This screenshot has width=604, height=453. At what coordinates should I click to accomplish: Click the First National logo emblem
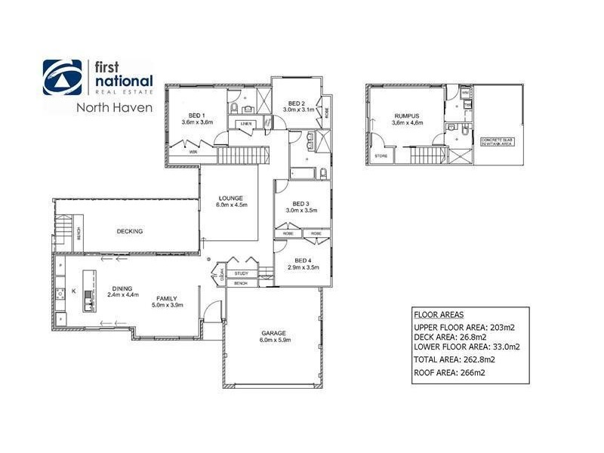[x=63, y=78]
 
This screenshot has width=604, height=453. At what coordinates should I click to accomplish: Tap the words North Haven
[x=114, y=107]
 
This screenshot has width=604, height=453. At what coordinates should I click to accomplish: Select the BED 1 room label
[x=197, y=114]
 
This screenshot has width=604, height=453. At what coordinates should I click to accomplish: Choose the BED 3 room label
[x=300, y=203]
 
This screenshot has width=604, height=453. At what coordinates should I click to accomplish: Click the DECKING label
[x=130, y=231]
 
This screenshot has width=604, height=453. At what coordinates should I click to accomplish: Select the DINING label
[x=122, y=288]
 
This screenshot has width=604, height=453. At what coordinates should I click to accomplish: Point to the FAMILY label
[x=166, y=298]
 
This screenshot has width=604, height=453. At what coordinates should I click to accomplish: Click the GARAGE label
[x=274, y=332]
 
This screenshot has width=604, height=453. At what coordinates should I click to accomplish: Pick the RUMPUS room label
[x=405, y=116]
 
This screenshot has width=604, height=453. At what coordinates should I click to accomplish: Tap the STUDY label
[x=242, y=273]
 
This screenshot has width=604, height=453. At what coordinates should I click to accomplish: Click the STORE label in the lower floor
[x=381, y=156]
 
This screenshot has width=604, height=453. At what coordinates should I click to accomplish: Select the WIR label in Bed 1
[x=193, y=152]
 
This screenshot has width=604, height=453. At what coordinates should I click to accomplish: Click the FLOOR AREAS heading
[x=439, y=314]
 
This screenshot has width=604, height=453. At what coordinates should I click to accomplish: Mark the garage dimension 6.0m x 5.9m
[x=274, y=340]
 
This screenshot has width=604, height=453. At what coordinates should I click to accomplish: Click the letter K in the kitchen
[x=73, y=290]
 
